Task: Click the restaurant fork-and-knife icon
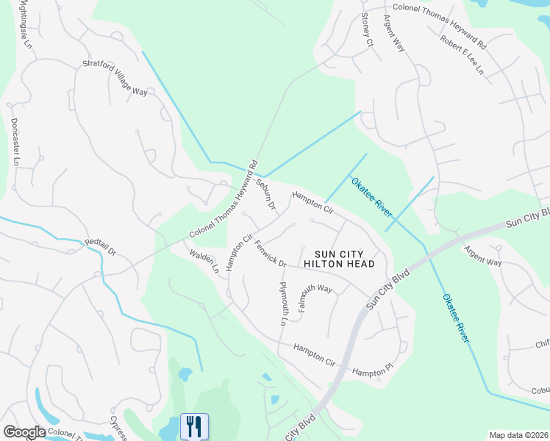click(x=194, y=426)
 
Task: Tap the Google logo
click(x=25, y=432)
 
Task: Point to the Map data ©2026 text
click(x=518, y=435)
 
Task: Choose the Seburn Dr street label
click(x=265, y=193)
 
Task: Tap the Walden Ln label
click(x=204, y=262)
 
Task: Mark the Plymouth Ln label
click(x=283, y=303)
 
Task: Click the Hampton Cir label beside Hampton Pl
click(x=314, y=354)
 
